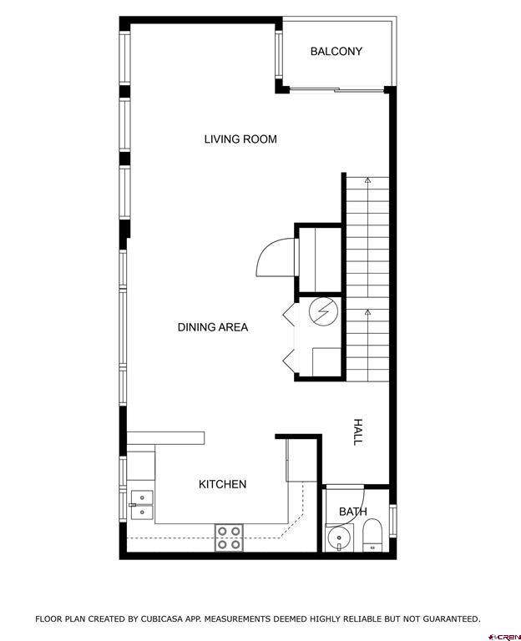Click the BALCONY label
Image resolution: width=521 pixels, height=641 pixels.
coord(336,52)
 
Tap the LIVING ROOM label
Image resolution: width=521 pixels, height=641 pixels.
coord(240,139)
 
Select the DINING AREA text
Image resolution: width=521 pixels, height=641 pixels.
coord(213,328)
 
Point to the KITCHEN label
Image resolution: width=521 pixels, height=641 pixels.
coord(222,484)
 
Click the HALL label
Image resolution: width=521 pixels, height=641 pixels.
coord(358,432)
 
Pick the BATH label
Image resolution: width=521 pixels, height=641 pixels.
coord(352,512)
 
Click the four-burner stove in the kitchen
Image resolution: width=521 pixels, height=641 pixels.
coord(230,537)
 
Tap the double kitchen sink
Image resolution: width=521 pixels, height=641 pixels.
coord(142,503)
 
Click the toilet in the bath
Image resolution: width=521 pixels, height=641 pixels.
coord(373,535)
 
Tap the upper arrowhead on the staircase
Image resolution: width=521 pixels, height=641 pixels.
coord(367,179)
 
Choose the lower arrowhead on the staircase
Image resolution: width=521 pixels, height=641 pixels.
coord(367,312)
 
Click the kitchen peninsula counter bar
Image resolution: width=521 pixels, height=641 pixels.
coord(165,437)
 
